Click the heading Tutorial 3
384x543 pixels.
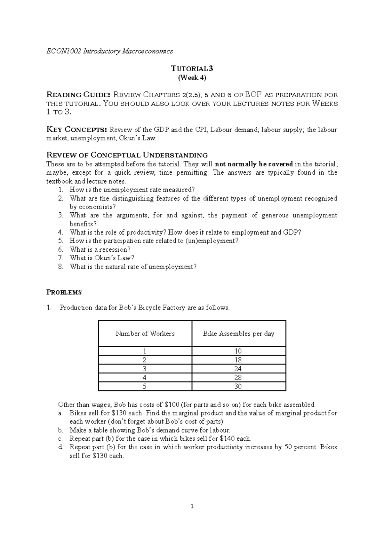click(192, 68)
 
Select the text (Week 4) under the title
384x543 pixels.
click(192, 77)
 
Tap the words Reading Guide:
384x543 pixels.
click(78, 95)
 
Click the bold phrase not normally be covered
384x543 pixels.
click(254, 164)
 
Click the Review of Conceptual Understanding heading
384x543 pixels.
click(127, 155)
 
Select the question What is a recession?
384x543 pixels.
click(100, 249)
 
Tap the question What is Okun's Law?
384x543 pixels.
click(102, 258)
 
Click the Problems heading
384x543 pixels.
click(64, 292)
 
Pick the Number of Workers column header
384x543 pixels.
click(145, 334)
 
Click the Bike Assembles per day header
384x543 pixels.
click(238, 334)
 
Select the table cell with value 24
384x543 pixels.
click(238, 369)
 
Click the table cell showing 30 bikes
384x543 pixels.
click(238, 386)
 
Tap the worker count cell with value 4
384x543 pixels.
click(145, 378)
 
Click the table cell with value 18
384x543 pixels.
click(238, 360)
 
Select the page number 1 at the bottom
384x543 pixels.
click(192, 506)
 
